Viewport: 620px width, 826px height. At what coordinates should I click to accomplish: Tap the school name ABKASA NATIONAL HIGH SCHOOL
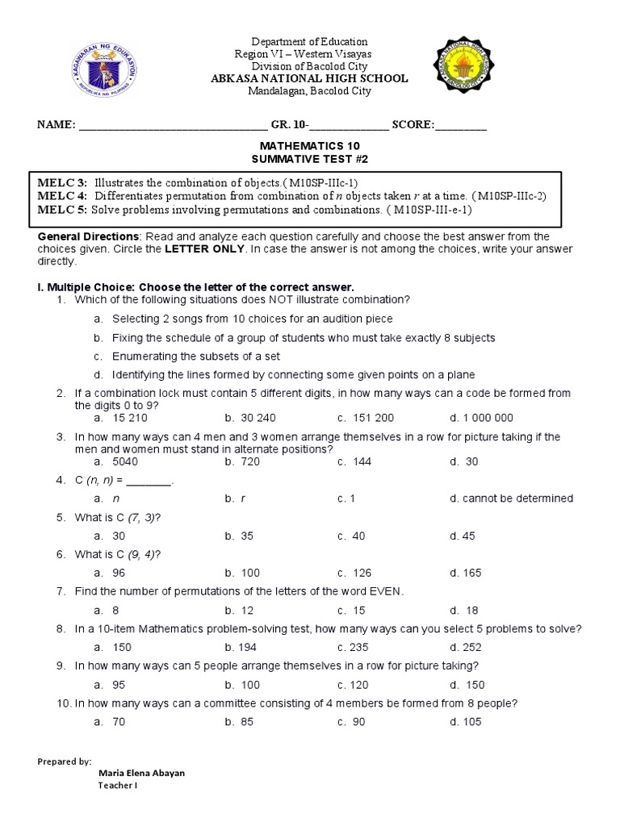[x=310, y=78]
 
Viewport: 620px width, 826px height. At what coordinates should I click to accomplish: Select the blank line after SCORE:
[x=461, y=126]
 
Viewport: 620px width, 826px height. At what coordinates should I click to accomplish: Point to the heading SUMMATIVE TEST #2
[x=309, y=160]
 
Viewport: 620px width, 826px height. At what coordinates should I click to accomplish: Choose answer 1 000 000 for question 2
[x=488, y=418]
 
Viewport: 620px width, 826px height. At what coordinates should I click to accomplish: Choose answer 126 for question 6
[x=360, y=573]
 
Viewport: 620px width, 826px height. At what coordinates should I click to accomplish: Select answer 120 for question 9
[x=360, y=685]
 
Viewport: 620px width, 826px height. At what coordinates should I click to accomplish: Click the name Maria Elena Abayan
[x=141, y=773]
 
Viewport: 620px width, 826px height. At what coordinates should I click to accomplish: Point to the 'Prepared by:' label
[x=65, y=761]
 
